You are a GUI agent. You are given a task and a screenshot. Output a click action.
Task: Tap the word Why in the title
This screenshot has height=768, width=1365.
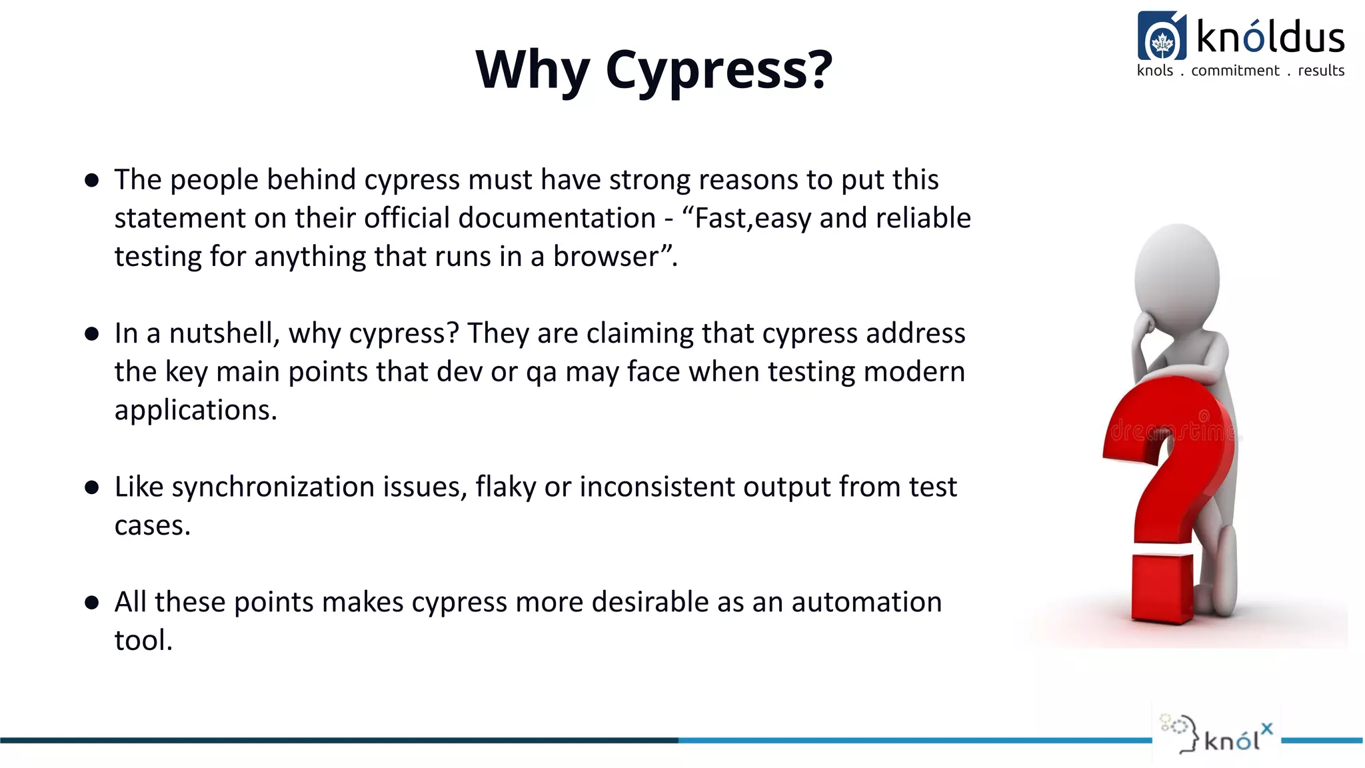[x=533, y=70]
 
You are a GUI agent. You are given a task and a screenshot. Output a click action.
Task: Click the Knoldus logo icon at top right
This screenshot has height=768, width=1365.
[x=1162, y=37]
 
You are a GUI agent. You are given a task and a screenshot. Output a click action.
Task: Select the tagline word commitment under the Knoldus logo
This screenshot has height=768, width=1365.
[x=1235, y=71]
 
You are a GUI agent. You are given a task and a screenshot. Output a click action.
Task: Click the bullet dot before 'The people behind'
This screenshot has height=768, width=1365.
[x=92, y=180]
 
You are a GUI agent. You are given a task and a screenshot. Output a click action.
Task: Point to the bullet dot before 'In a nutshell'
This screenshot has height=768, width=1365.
[x=92, y=333]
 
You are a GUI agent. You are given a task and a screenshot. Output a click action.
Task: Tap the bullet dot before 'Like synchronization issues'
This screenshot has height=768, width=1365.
[x=92, y=487]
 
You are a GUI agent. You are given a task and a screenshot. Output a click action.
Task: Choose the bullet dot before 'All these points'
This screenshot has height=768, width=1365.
[x=92, y=603]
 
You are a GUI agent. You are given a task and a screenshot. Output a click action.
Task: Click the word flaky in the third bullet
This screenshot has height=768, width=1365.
[x=505, y=487]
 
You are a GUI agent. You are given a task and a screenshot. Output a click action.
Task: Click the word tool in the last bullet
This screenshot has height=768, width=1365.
[x=143, y=641]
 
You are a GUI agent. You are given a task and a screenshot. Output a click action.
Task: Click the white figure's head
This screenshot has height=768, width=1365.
[x=1178, y=273]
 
